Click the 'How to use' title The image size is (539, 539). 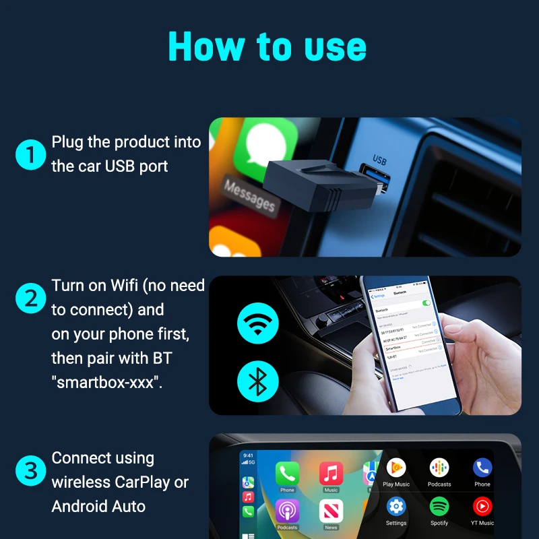(x=267, y=47)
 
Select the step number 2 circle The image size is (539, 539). (x=30, y=298)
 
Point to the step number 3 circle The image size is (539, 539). (x=30, y=471)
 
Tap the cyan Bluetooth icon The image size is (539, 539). (x=257, y=382)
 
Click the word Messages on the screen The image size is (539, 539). (x=250, y=195)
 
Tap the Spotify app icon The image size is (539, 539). (x=439, y=507)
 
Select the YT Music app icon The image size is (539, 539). (x=482, y=507)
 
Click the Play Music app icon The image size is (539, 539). (x=396, y=468)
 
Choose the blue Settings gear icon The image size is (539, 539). (x=396, y=507)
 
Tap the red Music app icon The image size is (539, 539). (x=331, y=473)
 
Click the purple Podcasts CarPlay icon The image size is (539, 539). (x=288, y=511)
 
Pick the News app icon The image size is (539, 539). (x=331, y=511)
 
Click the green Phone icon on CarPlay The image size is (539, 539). (x=288, y=473)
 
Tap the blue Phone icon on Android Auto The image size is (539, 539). (x=482, y=468)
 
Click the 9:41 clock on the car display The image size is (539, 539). (x=248, y=455)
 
